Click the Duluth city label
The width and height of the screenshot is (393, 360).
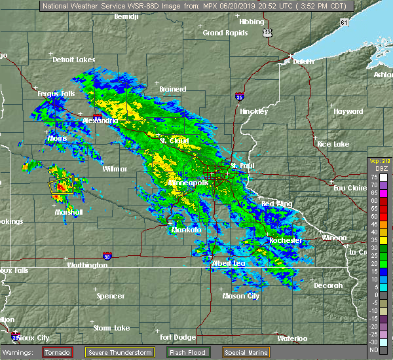coord(303,62)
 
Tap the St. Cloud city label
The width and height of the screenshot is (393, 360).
coord(174,141)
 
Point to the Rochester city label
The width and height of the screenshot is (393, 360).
coord(286,240)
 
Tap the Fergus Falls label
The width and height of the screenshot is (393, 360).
coord(56,94)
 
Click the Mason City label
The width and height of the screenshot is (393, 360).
coord(241,296)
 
